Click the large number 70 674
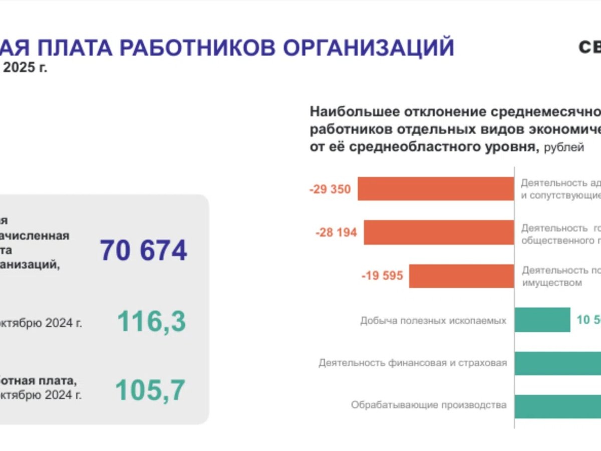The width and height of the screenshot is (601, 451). click(x=143, y=251)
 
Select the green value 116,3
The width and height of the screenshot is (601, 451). click(x=151, y=322)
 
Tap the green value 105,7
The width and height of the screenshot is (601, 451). click(x=150, y=390)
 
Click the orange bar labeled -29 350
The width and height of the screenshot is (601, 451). click(x=436, y=189)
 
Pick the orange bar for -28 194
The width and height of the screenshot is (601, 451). click(x=439, y=233)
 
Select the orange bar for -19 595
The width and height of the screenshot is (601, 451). click(x=461, y=276)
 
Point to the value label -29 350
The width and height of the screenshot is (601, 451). click(x=330, y=190)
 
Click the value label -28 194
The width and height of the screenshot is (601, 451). click(x=336, y=233)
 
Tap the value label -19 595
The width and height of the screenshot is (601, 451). click(x=382, y=276)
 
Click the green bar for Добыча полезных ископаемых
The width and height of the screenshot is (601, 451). click(x=542, y=320)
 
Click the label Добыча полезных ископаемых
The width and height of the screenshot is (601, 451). click(x=433, y=320)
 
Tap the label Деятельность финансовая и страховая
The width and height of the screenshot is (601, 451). click(x=413, y=363)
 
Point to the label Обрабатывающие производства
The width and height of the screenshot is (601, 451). click(x=429, y=405)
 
